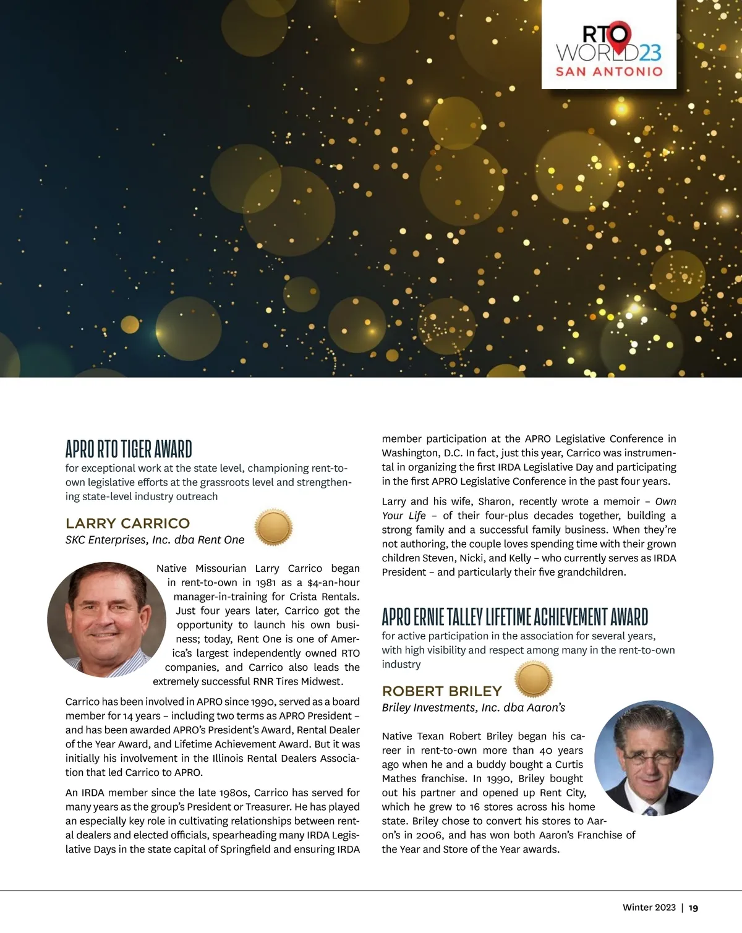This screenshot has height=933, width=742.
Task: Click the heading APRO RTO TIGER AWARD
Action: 129,448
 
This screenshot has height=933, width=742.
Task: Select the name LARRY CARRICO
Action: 127,523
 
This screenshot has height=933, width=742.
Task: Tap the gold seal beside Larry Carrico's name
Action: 273,527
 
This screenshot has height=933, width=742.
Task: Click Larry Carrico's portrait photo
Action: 106,620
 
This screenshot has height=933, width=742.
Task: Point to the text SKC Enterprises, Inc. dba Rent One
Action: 155,540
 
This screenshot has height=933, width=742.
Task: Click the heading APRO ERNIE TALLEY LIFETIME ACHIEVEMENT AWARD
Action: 514,616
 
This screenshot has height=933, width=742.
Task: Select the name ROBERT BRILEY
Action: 441,691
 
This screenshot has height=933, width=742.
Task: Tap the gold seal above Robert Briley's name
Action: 533,679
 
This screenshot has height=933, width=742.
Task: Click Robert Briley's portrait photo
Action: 654,758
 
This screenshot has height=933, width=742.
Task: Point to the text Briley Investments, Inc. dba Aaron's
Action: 473,707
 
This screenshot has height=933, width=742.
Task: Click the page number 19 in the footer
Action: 693,908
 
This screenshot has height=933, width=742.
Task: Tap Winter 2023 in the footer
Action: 649,907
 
